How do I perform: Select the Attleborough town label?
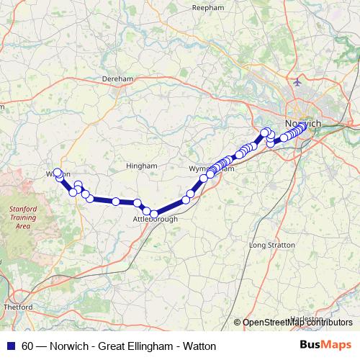pyautogui.click(x=156, y=219)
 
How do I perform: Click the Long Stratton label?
pyautogui.click(x=271, y=246)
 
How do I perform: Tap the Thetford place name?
pyautogui.click(x=19, y=307)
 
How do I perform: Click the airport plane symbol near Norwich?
pyautogui.click(x=297, y=82)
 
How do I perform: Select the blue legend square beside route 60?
pyautogui.click(x=12, y=346)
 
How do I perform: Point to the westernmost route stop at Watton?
pyautogui.click(x=58, y=173)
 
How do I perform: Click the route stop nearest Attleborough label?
pyautogui.click(x=153, y=214)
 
